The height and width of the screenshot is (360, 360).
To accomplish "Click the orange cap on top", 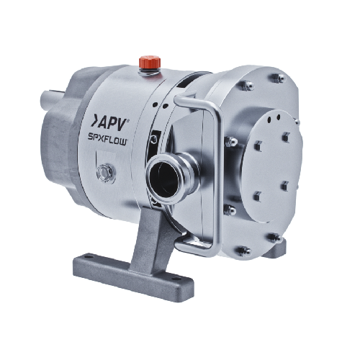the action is tap(150, 62).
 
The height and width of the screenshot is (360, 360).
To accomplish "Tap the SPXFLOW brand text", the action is tap(107, 140).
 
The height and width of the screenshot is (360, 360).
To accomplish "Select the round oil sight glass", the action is tap(106, 173).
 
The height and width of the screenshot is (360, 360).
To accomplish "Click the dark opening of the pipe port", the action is tap(163, 178).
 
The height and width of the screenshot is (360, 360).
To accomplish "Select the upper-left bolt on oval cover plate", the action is tap(258, 146).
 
